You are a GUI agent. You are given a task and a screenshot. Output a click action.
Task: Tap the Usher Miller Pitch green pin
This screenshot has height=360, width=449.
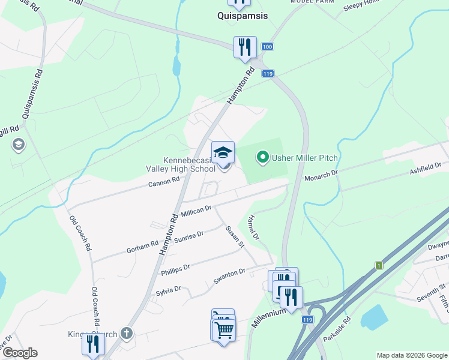[262, 158]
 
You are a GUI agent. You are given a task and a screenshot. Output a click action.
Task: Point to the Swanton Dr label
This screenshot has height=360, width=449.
[229, 275]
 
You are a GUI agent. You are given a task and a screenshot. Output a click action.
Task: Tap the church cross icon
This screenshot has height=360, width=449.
[126, 332]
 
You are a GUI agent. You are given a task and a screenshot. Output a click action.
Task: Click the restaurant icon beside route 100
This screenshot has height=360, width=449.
[245, 47]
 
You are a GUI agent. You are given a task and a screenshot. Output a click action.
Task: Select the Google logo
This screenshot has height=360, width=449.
[19, 353]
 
